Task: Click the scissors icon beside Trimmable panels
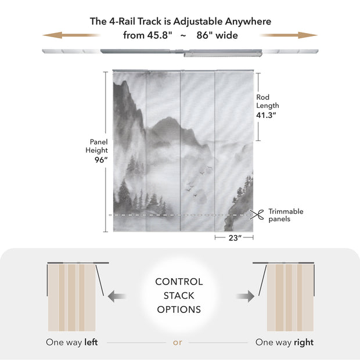click(258, 214)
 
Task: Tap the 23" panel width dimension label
click(235, 238)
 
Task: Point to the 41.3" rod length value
click(267, 115)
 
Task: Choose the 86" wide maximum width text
click(217, 35)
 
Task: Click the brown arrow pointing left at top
click(70, 35)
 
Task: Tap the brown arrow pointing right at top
click(290, 35)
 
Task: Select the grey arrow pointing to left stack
click(118, 296)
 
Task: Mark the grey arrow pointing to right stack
click(244, 296)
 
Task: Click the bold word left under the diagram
click(91, 343)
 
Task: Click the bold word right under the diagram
click(303, 343)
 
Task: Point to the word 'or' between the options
click(178, 343)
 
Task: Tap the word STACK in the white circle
click(179, 296)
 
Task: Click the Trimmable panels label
click(285, 215)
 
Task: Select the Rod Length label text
click(267, 102)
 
